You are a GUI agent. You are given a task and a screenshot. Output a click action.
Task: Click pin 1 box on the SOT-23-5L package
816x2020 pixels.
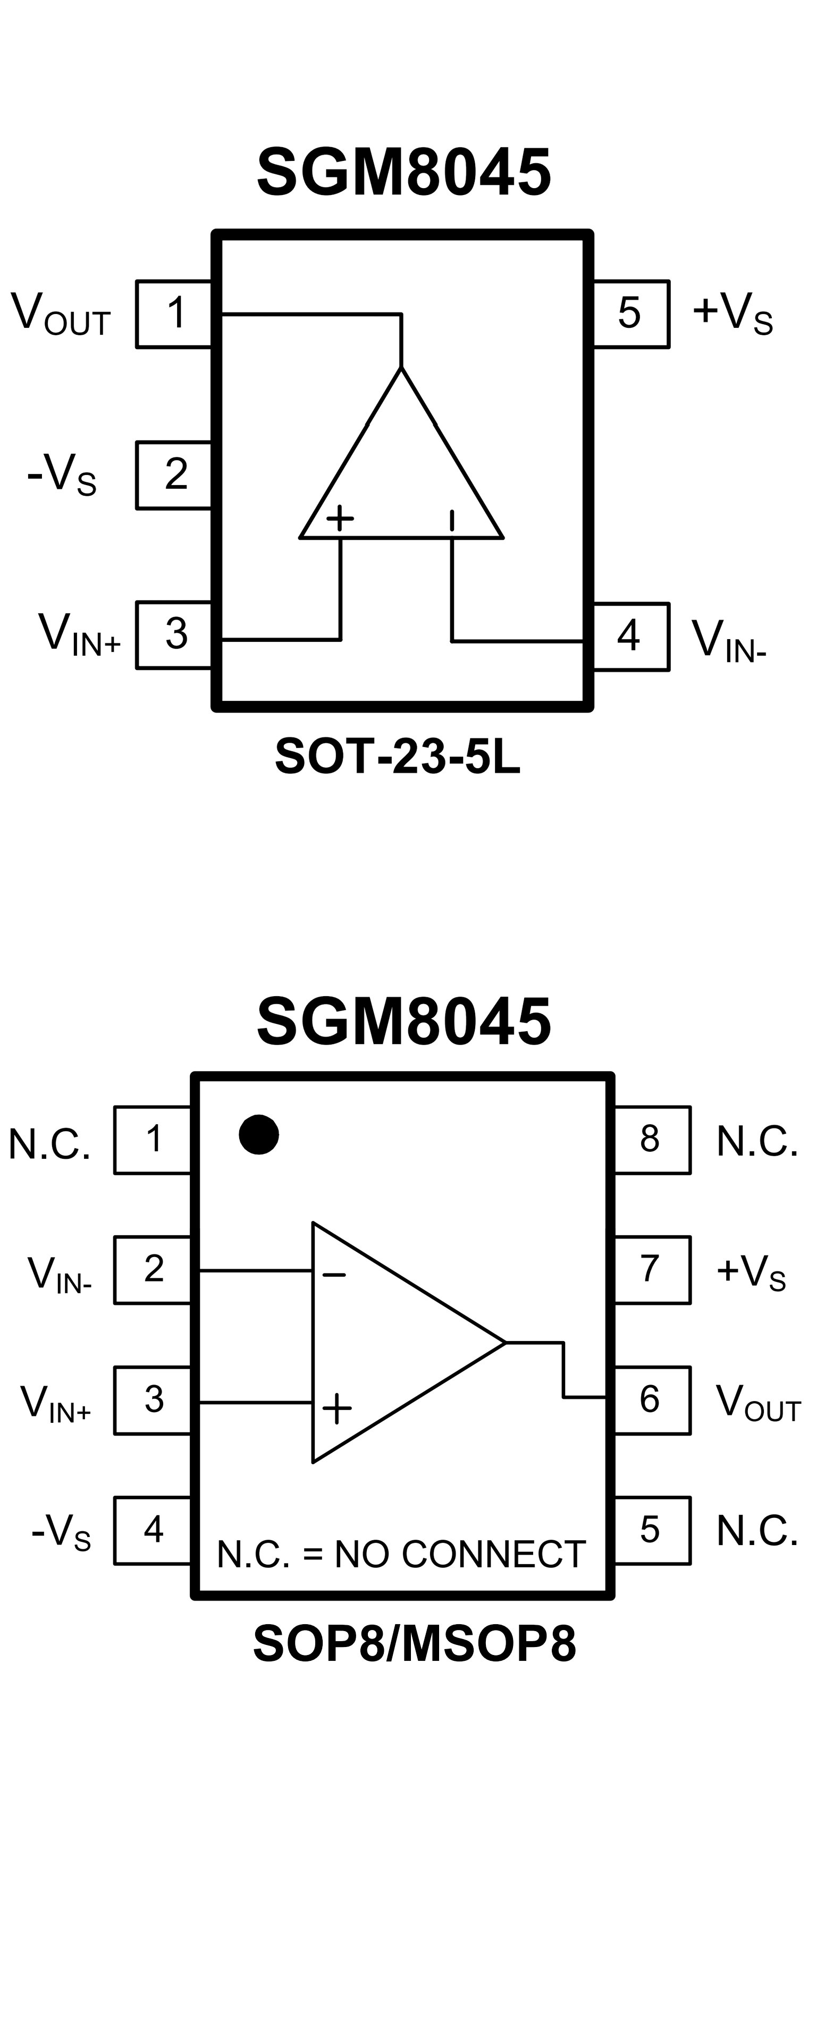[x=174, y=313]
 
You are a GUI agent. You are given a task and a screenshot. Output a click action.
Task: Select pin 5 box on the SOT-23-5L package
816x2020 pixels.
[x=630, y=313]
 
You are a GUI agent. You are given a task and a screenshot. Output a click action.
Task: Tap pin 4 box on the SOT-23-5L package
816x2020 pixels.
[x=630, y=636]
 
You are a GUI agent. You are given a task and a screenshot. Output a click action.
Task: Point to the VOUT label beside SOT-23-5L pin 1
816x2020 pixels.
[x=61, y=313]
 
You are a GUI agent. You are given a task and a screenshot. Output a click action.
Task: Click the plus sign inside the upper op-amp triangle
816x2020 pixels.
[x=340, y=517]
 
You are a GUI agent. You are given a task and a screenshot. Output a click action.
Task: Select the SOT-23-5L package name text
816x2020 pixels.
[x=397, y=757]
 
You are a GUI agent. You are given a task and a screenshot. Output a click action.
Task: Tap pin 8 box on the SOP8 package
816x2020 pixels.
[x=651, y=1140]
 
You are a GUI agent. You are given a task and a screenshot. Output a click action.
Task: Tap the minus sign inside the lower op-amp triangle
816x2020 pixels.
[x=333, y=1276]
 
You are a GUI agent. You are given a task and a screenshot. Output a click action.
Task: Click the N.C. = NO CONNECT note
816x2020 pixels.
[x=401, y=1554]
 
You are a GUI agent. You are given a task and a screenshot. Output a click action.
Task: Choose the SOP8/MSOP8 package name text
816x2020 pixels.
[x=414, y=1643]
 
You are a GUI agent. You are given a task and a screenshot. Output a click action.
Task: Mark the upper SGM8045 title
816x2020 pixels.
[x=403, y=173]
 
